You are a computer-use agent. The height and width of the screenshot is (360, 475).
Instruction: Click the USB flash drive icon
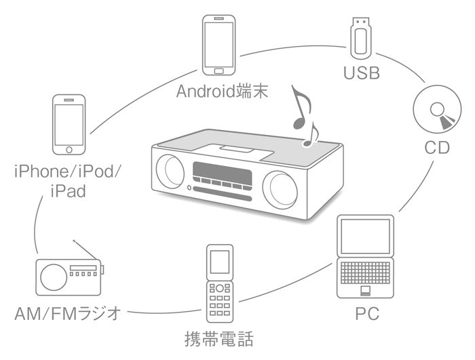point(360,37)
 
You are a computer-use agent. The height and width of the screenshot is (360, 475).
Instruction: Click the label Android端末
point(223,91)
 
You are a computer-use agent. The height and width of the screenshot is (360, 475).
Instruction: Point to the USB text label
point(360,73)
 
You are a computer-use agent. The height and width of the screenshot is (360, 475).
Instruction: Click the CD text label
point(437,147)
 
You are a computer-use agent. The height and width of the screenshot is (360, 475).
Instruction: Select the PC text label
point(366,315)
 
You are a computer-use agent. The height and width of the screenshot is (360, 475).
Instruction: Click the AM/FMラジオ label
point(67,314)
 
